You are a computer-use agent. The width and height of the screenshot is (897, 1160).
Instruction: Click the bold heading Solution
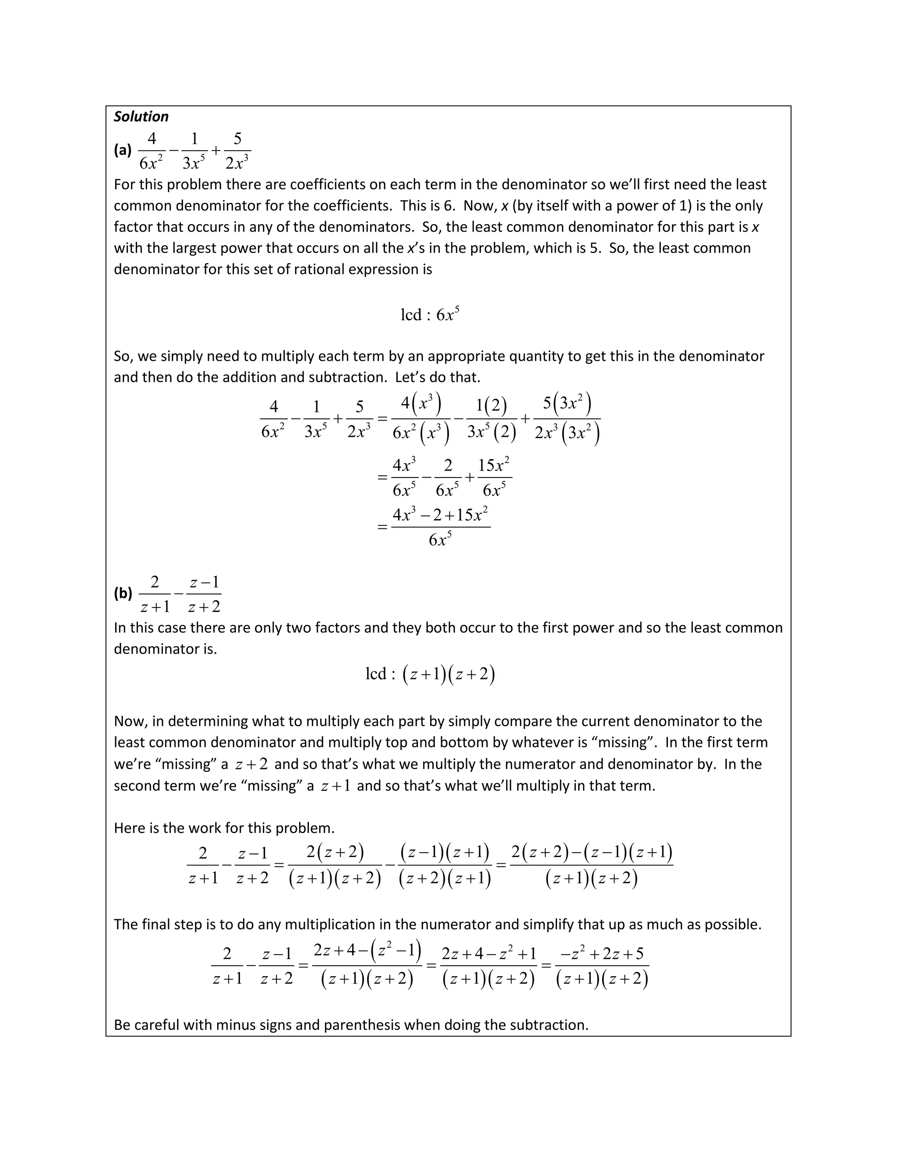pos(141,117)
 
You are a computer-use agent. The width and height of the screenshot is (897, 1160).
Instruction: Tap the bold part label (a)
pos(123,150)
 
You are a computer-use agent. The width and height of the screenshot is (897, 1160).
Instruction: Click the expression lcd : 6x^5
pos(429,315)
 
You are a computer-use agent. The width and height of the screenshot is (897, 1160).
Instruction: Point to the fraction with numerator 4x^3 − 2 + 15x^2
pos(441,527)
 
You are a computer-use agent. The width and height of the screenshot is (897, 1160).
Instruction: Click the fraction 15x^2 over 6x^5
pos(494,478)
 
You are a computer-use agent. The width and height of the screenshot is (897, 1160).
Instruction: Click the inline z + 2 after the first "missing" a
pos(251,764)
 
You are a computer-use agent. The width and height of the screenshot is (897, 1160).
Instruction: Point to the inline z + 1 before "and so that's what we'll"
pos(335,786)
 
